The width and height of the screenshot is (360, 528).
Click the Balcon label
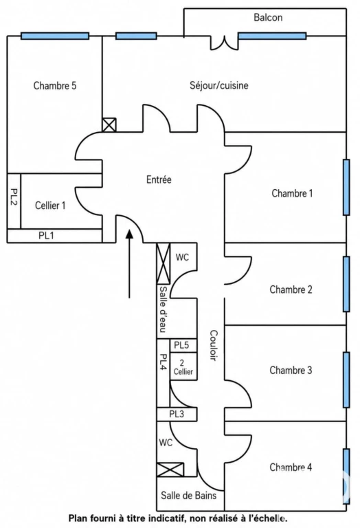pos(268,17)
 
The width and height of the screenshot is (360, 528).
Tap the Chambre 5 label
pos(55,85)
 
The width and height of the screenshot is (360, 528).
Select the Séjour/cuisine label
pos(219,85)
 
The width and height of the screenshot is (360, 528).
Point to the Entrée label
pos(159,179)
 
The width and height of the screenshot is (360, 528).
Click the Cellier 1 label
pos(50,206)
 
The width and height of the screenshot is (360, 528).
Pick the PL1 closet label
pos(46,235)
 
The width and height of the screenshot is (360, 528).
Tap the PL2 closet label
pos(14,197)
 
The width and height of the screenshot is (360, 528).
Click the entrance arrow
pos(129,264)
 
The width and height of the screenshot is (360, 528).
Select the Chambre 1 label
pos(292,193)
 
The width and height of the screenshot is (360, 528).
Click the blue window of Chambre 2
pos(346,283)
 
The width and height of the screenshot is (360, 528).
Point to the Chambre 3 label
pos(291,371)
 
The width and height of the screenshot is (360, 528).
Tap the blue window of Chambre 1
pos(346,187)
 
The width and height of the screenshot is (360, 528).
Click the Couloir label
pos(214,345)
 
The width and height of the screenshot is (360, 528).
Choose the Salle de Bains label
pos(188,495)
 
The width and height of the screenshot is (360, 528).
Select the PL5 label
pos(181,346)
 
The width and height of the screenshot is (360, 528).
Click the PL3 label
pos(177,414)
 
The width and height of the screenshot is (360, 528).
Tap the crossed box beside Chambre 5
pos(109,124)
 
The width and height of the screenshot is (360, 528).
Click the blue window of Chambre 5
pos(55,36)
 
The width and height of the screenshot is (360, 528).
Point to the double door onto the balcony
pos(225,43)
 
